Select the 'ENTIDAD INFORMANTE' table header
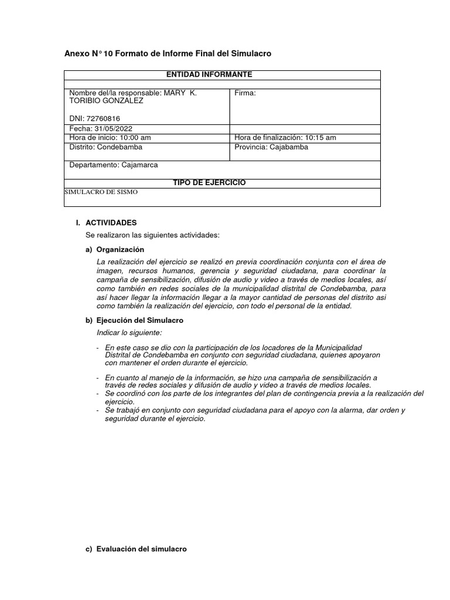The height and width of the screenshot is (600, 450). tap(209, 74)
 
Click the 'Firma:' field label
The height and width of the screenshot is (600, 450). tap(245, 93)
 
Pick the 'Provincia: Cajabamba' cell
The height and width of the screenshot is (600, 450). tap(271, 147)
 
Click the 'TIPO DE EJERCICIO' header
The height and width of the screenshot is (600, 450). tap(209, 183)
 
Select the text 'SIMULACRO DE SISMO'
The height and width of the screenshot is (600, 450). tap(100, 192)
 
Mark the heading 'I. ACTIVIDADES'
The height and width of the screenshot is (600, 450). tap(111, 223)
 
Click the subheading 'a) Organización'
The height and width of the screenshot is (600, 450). tap(120, 249)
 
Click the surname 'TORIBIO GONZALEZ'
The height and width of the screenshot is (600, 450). tap(106, 101)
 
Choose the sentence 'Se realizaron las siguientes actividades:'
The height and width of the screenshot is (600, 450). tap(152, 235)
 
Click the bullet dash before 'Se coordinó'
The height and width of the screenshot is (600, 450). tap(98, 394)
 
